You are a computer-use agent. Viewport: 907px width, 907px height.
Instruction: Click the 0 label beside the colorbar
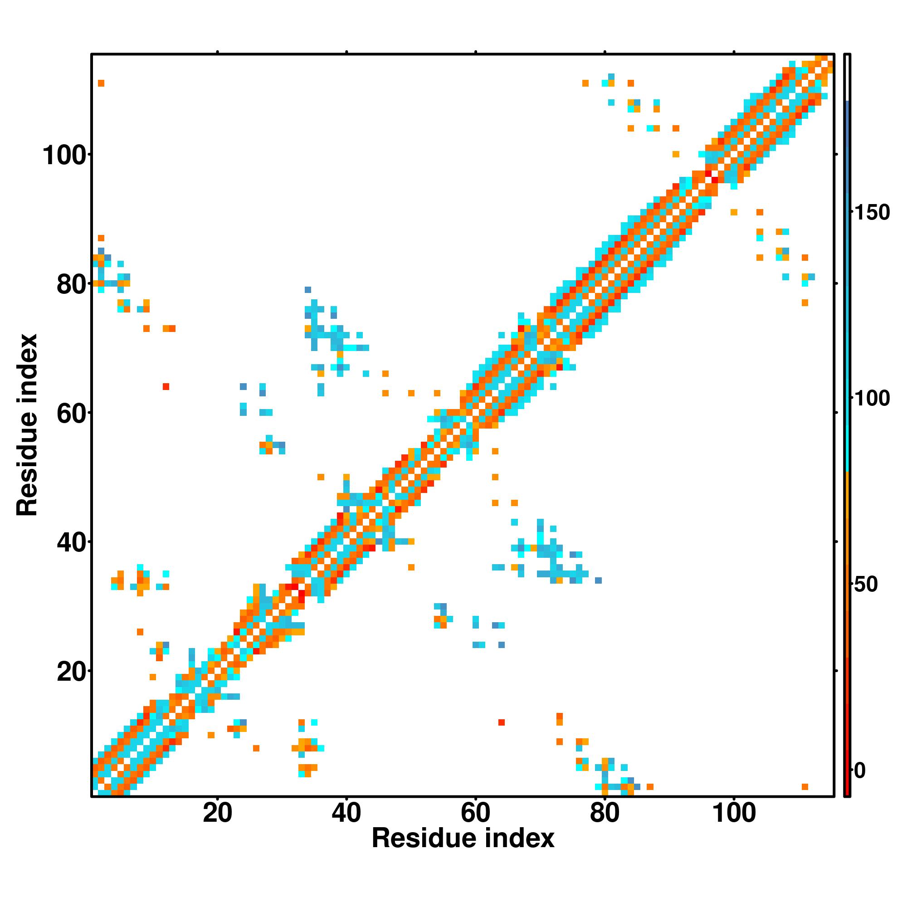tap(860, 770)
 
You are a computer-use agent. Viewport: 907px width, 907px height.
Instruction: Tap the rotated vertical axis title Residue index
tap(27, 425)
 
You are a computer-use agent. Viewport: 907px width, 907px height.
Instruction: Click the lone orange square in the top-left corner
tap(101, 83)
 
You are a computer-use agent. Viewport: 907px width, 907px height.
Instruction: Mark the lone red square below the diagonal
tap(502, 722)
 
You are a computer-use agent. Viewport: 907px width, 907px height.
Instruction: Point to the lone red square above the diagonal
tap(166, 386)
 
